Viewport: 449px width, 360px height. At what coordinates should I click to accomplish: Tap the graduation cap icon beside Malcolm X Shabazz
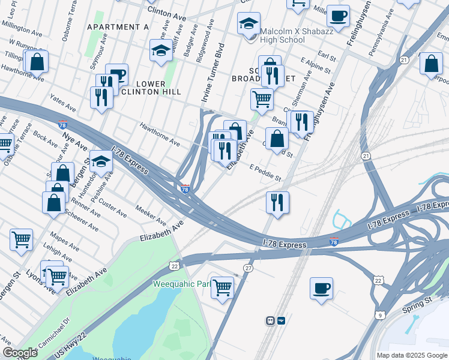pos(249,25)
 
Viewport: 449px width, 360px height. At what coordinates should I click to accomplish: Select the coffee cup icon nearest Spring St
pos(321,289)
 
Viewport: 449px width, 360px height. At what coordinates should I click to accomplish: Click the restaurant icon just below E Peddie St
pos(277,202)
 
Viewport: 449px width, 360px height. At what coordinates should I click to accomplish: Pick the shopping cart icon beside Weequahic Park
pos(222,289)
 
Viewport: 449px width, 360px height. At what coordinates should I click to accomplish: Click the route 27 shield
pos(248,268)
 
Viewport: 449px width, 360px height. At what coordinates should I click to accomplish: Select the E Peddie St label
pos(265,173)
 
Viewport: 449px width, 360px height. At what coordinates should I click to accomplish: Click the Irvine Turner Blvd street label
pos(213,72)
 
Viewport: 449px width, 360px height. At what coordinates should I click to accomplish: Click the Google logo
pos(20,353)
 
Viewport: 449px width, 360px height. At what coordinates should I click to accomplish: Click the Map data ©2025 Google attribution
pos(411,355)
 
